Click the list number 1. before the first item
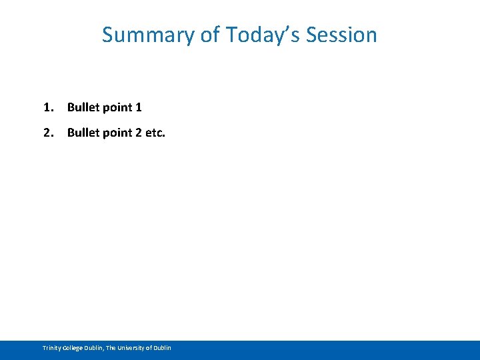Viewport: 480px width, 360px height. [48, 107]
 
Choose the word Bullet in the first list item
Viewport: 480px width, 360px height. [82, 107]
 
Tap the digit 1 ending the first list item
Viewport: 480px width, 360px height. [138, 107]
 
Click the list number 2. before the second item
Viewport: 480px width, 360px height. [48, 133]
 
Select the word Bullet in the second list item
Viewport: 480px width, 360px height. [82, 133]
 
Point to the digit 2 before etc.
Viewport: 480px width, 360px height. [138, 133]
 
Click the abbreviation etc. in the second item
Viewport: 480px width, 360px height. [155, 133]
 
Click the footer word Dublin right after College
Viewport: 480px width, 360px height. [94, 348]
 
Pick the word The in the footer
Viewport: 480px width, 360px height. [111, 348]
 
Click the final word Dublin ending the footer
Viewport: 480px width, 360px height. [162, 348]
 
